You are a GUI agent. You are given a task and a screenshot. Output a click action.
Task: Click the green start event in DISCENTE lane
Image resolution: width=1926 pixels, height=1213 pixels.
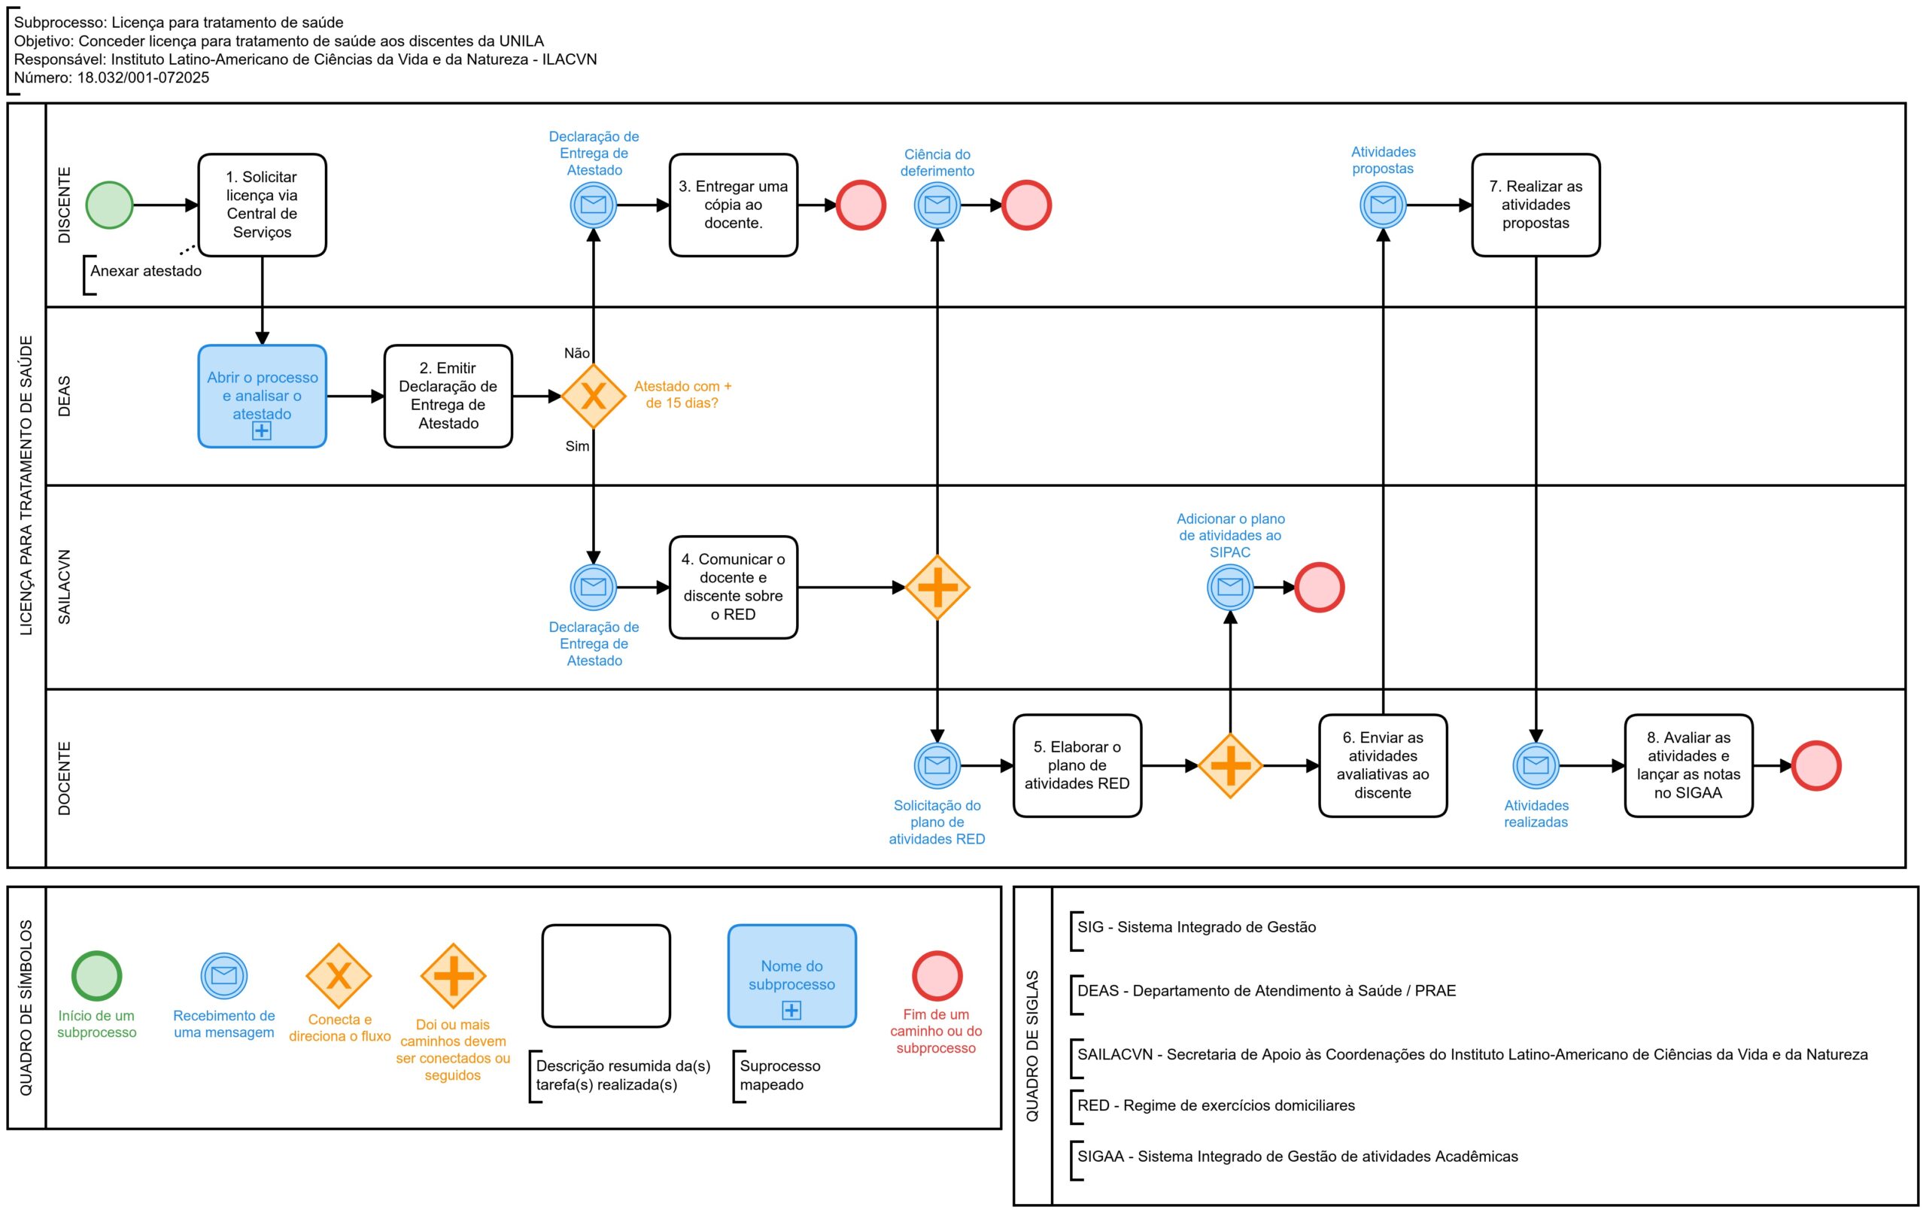[110, 205]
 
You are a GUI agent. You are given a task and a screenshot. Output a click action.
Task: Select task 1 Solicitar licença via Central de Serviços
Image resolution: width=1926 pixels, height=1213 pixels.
[263, 205]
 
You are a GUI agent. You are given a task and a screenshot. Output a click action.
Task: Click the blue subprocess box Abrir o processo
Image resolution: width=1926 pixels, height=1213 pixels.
[263, 396]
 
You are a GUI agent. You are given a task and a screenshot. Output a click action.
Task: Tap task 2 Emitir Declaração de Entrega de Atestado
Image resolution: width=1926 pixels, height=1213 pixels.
[448, 396]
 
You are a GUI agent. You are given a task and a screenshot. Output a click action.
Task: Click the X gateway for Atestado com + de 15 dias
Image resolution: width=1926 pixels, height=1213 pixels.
[594, 396]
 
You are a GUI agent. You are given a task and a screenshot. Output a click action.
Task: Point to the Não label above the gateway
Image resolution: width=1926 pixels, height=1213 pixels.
[577, 353]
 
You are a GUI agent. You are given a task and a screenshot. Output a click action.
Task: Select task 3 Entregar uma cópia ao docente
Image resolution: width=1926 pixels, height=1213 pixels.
[734, 205]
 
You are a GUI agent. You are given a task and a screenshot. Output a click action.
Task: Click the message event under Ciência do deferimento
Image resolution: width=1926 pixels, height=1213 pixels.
[937, 205]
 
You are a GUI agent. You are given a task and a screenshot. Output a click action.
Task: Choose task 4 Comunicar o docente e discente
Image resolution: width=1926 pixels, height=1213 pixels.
[734, 587]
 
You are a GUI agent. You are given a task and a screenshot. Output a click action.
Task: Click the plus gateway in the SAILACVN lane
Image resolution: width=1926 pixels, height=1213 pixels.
[937, 587]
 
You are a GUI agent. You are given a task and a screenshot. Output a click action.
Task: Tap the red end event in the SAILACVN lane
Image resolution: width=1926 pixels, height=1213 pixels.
[1320, 587]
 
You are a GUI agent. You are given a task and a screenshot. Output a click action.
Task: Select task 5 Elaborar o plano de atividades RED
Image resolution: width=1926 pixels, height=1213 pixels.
[1077, 766]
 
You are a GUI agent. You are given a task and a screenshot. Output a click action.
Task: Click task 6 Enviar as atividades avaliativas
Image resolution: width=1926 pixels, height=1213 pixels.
[1383, 766]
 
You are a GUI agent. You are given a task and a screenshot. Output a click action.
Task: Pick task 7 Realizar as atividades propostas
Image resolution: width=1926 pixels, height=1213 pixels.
[1536, 205]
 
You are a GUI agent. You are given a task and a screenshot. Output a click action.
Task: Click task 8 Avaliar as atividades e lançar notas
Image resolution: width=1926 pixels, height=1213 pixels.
[1688, 766]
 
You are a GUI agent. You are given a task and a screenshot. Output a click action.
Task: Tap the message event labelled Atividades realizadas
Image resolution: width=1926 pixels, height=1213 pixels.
[1536, 766]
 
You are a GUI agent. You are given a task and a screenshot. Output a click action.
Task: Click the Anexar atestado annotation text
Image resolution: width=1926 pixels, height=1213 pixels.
[145, 270]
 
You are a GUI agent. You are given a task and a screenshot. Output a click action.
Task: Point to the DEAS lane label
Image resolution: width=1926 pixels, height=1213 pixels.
[64, 396]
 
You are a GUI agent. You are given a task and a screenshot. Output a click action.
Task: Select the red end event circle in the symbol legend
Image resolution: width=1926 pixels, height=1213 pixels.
[937, 975]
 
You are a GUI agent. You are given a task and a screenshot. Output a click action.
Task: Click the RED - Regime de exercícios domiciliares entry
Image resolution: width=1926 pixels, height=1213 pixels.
[1216, 1105]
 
